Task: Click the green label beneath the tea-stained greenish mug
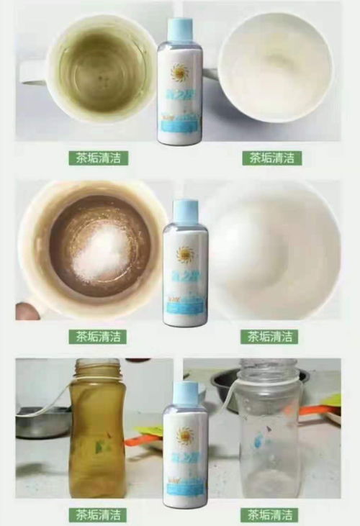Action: coord(98,158)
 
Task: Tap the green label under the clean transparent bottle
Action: coord(271,514)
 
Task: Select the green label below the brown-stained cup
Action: coord(98,336)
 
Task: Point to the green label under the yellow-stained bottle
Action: coord(98,514)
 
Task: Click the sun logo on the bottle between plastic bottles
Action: coord(186,435)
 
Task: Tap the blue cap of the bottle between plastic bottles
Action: coord(185,393)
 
